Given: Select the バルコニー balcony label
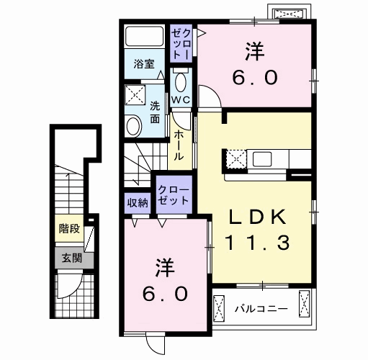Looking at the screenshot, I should (x=261, y=309).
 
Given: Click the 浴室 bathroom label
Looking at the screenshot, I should (x=144, y=64).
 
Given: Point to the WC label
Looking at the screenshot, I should (x=180, y=101).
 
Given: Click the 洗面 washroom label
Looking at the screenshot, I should (x=155, y=112).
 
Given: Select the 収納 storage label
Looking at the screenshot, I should (x=138, y=202).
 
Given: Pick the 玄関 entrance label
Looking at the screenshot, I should (x=70, y=257).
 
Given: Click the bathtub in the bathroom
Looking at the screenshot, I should (x=144, y=37).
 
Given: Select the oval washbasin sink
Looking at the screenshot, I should (x=133, y=127).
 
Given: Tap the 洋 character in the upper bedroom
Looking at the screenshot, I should (x=254, y=51).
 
